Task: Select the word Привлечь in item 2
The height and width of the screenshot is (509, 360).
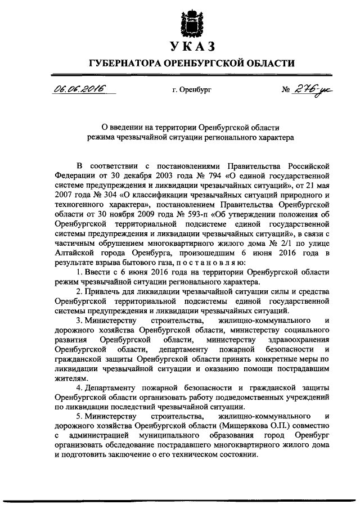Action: coord(103,291)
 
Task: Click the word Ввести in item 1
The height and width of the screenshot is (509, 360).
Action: coord(99,273)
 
